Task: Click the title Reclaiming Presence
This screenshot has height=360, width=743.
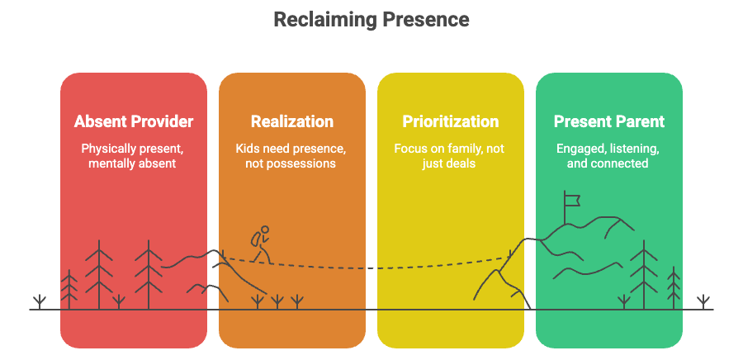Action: pos(371,18)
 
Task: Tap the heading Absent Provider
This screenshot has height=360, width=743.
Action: pos(134,121)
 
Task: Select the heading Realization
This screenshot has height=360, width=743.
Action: pos(292,121)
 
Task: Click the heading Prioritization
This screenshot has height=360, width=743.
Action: pos(451,121)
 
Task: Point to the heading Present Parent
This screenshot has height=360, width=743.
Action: pos(609,121)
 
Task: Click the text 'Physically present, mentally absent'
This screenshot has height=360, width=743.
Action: pos(134,156)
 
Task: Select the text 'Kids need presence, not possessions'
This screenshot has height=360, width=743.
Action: pos(292,156)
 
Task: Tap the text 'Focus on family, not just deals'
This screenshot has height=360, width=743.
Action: pos(451,156)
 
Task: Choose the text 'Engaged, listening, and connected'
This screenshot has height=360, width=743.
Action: pos(609,156)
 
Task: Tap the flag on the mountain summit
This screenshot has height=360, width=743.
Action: pos(570,198)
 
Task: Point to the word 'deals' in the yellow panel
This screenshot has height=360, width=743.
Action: pos(465,163)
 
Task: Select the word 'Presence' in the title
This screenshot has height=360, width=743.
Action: pos(423,18)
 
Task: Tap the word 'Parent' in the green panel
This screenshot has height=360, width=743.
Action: pos(639,121)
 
